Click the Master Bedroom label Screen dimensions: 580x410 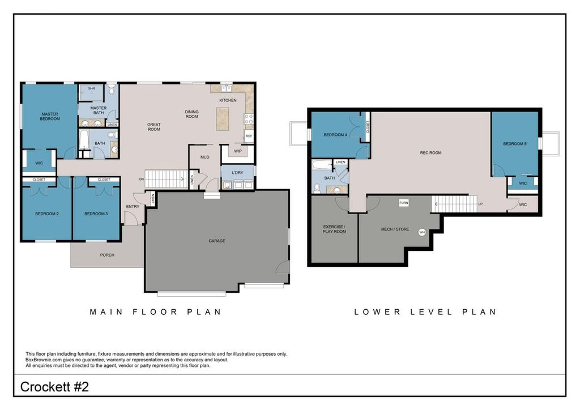50,117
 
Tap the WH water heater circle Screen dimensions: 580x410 422,232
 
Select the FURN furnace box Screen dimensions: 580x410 403,203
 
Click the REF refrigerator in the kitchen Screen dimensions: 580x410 249,136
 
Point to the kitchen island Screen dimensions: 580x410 223,119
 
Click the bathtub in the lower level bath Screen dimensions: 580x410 322,164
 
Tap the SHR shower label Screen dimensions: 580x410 91,89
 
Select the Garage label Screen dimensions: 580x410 217,241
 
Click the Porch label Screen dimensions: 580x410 107,255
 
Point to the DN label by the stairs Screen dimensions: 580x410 141,180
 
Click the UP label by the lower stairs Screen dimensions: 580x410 480,204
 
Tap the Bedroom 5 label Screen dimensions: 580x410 514,144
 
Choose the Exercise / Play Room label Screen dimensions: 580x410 334,229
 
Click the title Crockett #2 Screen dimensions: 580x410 54,387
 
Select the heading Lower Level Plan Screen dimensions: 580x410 425,312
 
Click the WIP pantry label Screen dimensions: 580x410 238,151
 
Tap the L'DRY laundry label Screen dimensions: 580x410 237,173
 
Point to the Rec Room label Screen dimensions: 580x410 430,153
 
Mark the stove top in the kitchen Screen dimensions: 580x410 249,119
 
